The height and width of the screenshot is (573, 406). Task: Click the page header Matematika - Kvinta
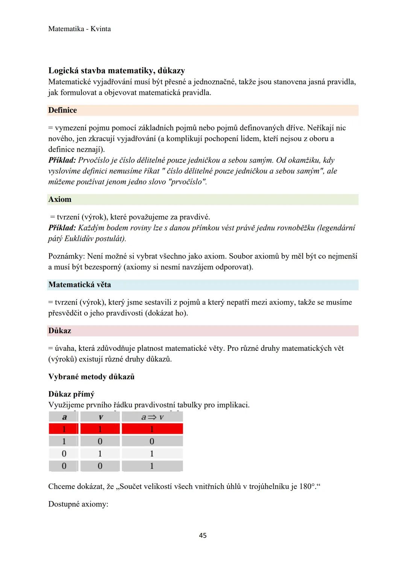pos(79,29)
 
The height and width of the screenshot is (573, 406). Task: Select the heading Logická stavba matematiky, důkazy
pos(117,71)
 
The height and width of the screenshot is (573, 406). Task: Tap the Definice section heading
pos(62,110)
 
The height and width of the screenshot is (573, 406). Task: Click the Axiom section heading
pos(60,199)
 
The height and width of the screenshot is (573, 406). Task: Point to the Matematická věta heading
pos(80,284)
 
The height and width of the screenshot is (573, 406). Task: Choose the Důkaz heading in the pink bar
pos(60,331)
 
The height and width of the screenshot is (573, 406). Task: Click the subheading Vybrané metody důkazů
pos(91,376)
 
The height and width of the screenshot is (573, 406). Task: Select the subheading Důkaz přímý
pos(71,394)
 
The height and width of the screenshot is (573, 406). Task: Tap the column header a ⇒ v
pos(152,417)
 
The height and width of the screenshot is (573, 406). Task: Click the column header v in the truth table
pos(100,417)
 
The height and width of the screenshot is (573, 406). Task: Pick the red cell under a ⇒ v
pos(152,429)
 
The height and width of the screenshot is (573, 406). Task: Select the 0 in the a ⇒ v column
pos(152,441)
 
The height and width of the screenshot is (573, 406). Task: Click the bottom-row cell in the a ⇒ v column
pos(152,466)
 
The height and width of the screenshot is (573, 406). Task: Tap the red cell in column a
pos(64,429)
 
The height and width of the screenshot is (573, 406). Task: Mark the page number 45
pos(203,535)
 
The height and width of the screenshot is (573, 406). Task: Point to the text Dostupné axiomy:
pos(78,504)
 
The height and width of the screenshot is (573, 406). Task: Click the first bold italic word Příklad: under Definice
pos(62,160)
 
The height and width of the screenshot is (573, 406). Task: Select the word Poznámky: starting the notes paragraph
pos(67,256)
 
